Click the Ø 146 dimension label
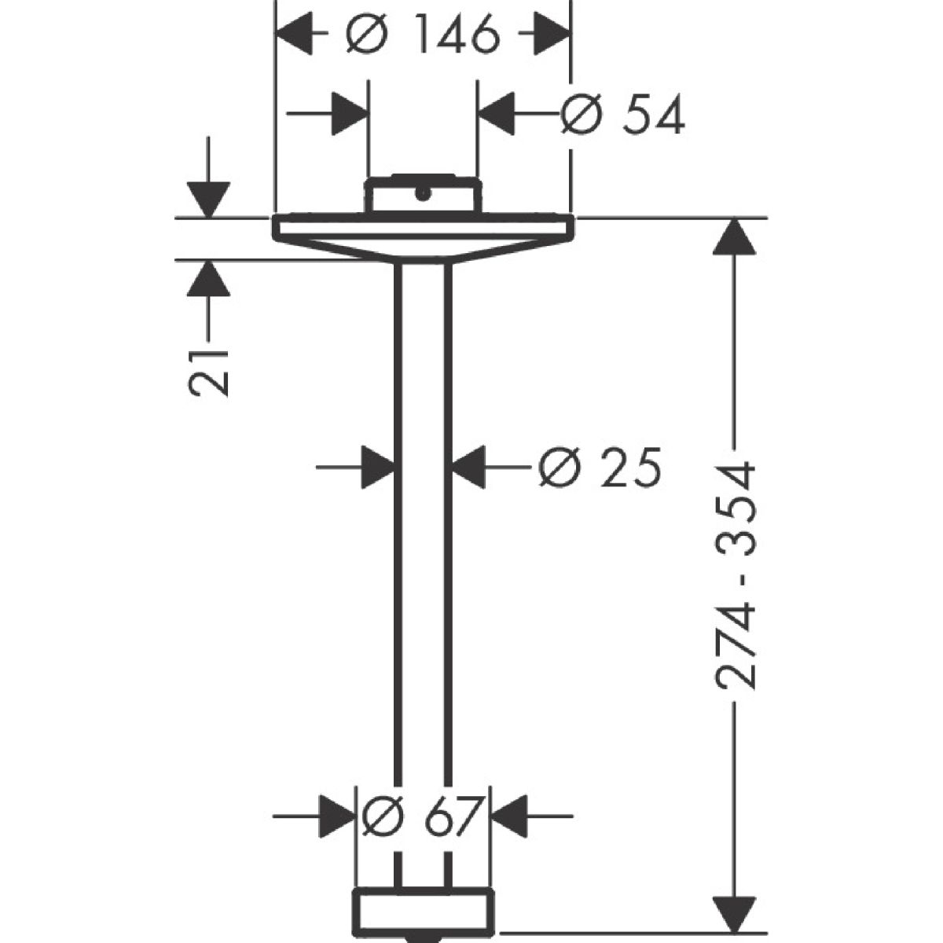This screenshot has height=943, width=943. tap(423, 35)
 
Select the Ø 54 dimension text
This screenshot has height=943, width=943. tap(622, 114)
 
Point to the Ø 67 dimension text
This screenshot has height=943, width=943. tap(423, 816)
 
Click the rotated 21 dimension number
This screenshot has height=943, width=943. tap(208, 372)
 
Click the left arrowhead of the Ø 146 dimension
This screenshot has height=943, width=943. tap(295, 34)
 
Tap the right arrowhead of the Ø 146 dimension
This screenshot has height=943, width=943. tap(552, 34)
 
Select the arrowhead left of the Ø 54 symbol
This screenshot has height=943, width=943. tap(496, 113)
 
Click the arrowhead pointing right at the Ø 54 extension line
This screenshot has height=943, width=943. tap(350, 113)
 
